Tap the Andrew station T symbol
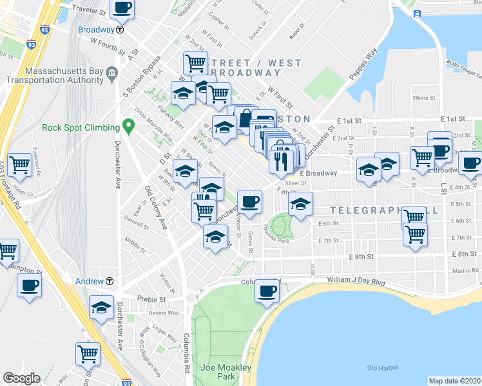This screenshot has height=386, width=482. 110,281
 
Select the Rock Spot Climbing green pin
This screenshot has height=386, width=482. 129,127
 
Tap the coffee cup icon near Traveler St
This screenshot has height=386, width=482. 122,8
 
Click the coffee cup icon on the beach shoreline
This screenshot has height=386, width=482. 267,291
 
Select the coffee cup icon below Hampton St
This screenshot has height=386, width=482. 29,286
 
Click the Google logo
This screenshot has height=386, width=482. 21,378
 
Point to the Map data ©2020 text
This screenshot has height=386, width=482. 454,381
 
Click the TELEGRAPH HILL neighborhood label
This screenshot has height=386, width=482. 384,211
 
